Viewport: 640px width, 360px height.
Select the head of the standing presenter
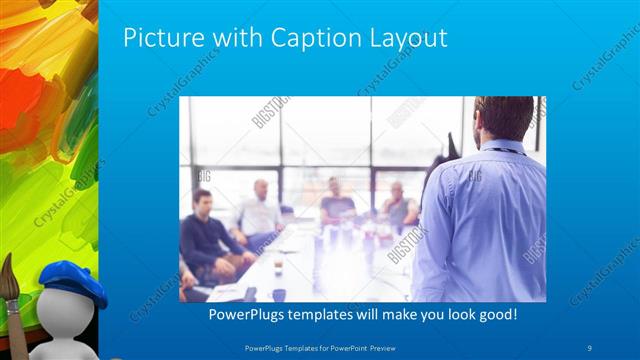point(504,119)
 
